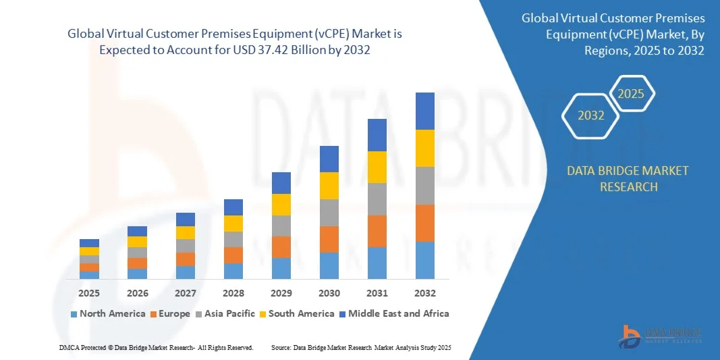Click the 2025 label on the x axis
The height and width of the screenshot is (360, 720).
tap(89, 293)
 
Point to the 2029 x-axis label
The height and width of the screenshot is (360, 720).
tap(281, 293)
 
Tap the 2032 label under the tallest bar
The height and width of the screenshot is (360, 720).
tap(425, 293)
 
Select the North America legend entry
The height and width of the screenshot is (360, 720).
tap(108, 313)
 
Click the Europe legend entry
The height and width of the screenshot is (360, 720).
tap(171, 313)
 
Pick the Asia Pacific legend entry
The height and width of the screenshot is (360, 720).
tap(226, 313)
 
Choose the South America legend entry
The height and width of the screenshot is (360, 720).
tap(297, 313)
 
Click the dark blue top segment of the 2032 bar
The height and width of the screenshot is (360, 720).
tap(425, 111)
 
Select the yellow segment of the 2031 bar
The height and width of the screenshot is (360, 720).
tap(377, 167)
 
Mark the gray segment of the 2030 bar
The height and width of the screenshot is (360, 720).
tap(329, 212)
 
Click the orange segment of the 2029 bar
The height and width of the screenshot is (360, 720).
tap(281, 247)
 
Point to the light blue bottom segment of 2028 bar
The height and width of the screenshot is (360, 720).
tap(233, 271)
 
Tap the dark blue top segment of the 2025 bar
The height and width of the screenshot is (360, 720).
tap(89, 243)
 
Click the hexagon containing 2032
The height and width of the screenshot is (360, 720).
tap(591, 115)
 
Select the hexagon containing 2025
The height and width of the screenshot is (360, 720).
tap(632, 94)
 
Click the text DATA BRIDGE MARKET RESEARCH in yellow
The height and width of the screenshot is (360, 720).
tap(628, 178)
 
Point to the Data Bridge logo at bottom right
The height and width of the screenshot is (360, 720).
tap(661, 336)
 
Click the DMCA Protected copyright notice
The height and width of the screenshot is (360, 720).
tap(156, 347)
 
